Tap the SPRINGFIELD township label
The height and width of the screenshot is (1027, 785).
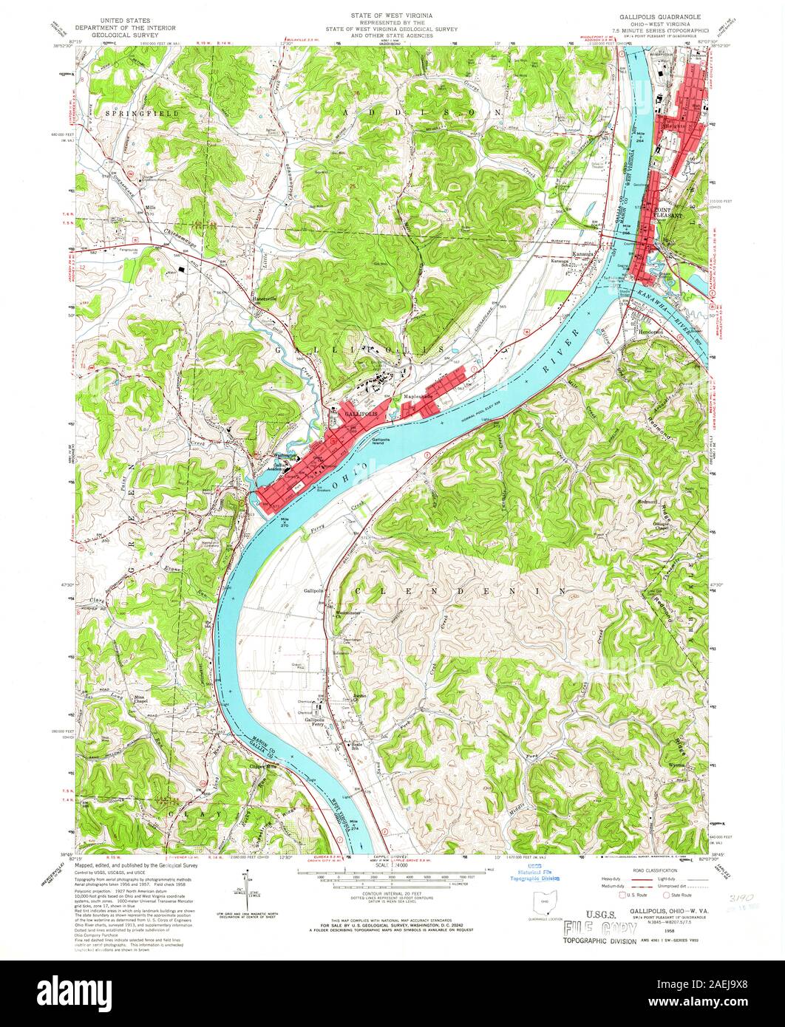tap(134, 113)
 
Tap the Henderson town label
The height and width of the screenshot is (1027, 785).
tap(642, 332)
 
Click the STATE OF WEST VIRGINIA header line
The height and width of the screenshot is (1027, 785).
tap(392, 15)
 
